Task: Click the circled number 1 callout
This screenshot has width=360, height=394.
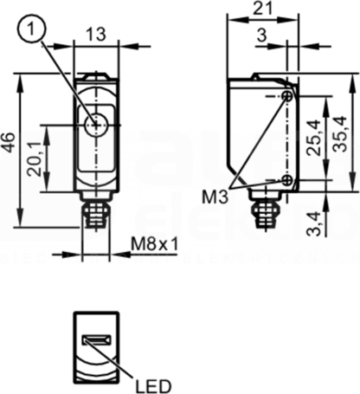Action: (32, 30)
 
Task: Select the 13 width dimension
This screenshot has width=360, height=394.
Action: (96, 35)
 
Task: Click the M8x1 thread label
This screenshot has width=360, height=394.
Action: (155, 245)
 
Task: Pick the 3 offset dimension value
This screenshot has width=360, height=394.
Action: (262, 36)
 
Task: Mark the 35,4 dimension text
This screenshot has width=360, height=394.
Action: (339, 134)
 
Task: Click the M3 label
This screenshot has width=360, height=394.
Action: (215, 197)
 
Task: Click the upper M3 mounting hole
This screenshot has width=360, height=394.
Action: (288, 97)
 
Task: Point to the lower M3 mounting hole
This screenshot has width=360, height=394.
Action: (287, 180)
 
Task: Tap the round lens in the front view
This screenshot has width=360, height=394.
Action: (96, 125)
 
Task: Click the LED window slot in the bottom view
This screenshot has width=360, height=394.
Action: (97, 339)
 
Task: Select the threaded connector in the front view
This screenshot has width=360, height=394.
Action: (96, 214)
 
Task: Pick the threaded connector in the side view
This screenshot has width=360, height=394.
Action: (264, 214)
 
